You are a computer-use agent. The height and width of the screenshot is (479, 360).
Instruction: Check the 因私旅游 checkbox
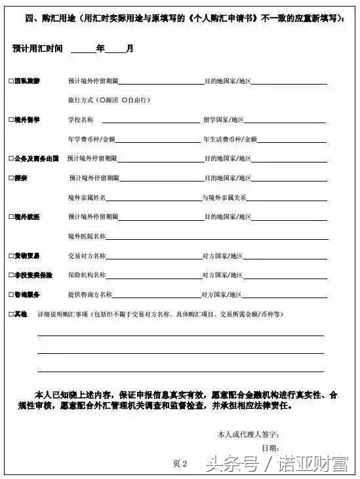[x=11, y=82]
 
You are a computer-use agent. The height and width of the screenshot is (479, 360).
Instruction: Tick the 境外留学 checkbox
[x=11, y=120]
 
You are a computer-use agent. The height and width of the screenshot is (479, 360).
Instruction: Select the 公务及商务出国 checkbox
[x=11, y=159]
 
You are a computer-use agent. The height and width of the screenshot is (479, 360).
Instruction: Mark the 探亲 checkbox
[x=11, y=178]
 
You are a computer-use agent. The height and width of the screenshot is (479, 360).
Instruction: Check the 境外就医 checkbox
[x=11, y=216]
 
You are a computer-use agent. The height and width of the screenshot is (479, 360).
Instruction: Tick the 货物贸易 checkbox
[x=11, y=256]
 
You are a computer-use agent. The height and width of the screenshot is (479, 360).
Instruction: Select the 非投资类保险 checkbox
[x=11, y=275]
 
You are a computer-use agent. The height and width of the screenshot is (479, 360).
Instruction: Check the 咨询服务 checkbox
[x=11, y=295]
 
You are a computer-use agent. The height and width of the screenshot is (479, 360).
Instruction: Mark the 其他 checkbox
[x=11, y=315]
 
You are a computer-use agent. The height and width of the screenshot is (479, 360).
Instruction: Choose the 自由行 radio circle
[x=124, y=100]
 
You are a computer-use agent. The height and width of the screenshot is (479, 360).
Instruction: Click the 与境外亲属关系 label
[x=224, y=197]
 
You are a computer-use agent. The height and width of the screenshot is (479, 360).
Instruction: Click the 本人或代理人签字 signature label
[x=249, y=434]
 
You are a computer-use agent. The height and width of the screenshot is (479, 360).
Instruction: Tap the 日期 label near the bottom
[x=268, y=448]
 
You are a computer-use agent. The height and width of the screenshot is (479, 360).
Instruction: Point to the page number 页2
[x=180, y=463]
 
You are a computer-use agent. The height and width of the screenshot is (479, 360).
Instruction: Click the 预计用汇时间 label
[x=38, y=49]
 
